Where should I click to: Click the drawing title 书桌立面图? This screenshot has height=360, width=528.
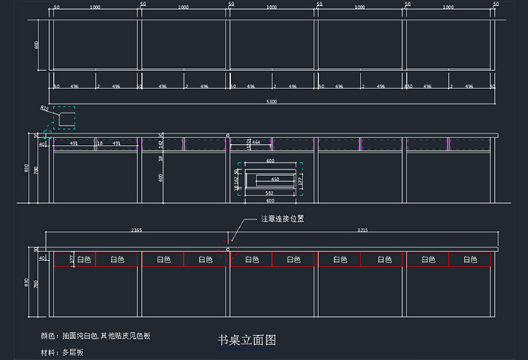(247, 340)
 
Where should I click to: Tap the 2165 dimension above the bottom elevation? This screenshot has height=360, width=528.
(137, 229)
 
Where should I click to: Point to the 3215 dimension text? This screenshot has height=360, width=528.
(364, 229)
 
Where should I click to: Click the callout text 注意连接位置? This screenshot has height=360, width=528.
(282, 219)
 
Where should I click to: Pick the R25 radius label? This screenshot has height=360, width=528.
(45, 109)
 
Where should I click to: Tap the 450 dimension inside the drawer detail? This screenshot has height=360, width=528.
(275, 179)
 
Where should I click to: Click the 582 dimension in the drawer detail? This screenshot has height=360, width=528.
(269, 194)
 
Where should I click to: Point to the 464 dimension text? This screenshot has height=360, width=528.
(256, 142)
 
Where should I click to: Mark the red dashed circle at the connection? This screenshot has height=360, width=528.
(228, 248)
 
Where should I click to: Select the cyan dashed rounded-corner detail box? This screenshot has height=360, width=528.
(64, 118)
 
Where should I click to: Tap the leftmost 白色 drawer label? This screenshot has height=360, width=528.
(84, 260)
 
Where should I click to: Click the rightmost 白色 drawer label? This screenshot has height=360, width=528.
(470, 260)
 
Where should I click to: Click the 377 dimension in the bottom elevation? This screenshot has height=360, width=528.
(72, 258)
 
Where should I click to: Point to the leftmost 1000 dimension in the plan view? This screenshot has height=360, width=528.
(95, 7)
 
